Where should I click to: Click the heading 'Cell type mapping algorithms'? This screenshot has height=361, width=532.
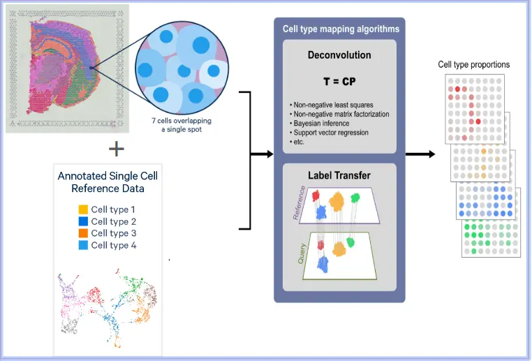coord(339,29)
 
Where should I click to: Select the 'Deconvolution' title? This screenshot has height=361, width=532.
coord(339,54)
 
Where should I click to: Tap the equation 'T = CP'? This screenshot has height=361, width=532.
coord(339,82)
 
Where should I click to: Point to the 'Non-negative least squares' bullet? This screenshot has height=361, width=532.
coord(332,105)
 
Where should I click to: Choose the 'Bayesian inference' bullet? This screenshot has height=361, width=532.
coord(320,123)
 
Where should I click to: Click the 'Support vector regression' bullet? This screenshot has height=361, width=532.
coord(330,132)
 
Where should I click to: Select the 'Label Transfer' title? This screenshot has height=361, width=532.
coord(339,175)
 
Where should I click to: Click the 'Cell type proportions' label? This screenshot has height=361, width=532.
coord(474,65)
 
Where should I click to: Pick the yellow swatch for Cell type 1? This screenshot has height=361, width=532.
coord(83,209)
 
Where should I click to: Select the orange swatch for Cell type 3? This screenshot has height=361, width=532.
coord(83,233)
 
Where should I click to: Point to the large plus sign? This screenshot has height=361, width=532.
coord(117,148)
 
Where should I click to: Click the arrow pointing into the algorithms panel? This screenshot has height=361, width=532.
coord(262,154)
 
